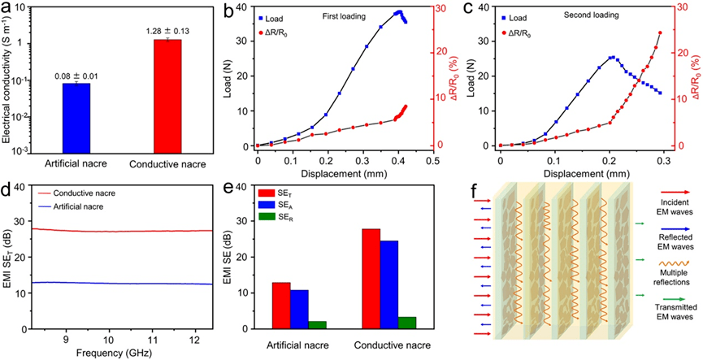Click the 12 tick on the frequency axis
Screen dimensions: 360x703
click(x=195, y=337)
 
